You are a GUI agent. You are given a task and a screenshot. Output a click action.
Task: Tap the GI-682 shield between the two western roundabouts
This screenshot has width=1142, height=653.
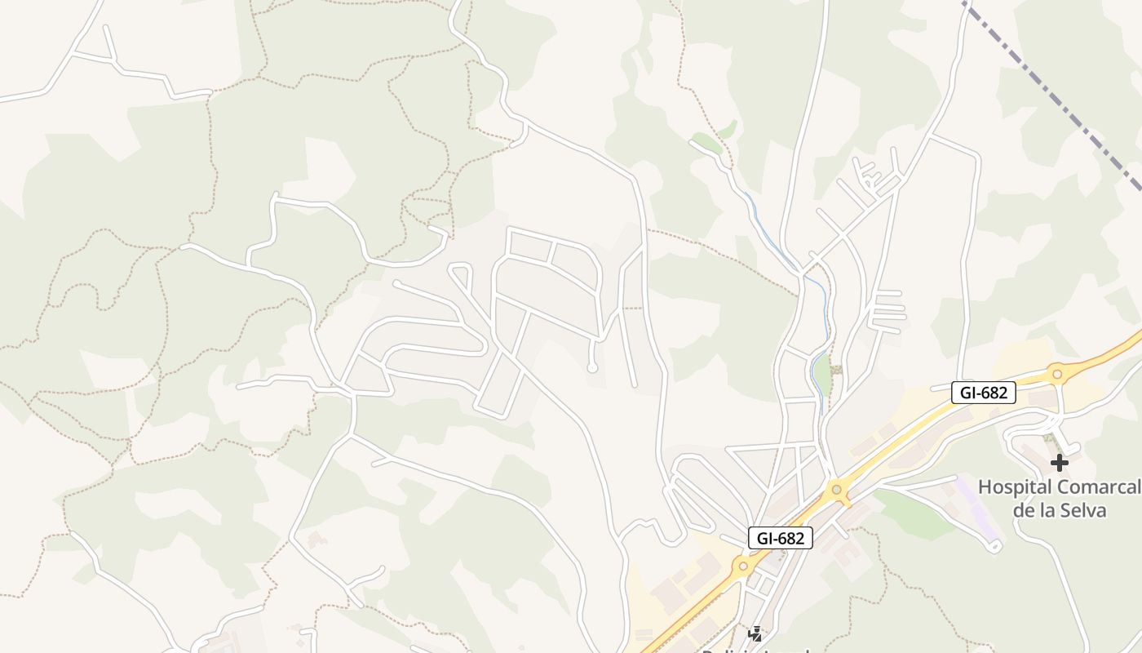781,538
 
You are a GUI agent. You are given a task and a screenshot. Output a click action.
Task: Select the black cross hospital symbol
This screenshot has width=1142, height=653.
1059,463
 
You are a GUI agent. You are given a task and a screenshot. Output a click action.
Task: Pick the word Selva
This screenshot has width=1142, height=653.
1085,511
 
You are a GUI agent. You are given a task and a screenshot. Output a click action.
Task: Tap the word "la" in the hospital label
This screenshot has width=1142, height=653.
1048,511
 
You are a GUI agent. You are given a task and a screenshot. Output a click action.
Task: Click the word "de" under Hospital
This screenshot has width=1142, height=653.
1023,511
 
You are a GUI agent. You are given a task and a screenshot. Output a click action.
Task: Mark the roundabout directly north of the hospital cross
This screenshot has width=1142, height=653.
1057,375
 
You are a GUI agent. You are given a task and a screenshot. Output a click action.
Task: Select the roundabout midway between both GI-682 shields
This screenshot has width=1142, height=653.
837,491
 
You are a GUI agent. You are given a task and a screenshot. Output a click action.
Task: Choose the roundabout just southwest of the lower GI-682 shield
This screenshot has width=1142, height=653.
742,565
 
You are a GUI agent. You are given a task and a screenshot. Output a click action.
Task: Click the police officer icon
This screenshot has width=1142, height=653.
755,633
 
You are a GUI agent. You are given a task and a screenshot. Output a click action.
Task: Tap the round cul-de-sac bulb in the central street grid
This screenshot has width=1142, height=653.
592,368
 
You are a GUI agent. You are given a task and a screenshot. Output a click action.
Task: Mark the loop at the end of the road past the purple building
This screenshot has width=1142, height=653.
994,546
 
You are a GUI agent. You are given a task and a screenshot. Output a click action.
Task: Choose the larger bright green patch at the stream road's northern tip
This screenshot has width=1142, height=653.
706,143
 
